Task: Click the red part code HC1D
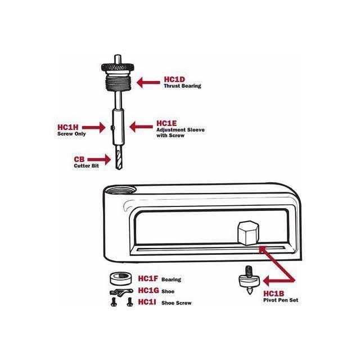click(174, 79)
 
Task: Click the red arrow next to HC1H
click(96, 128)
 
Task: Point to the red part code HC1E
click(167, 123)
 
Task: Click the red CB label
click(80, 159)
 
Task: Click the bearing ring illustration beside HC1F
click(120, 278)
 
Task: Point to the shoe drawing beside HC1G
click(119, 291)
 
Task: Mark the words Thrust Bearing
click(182, 86)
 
